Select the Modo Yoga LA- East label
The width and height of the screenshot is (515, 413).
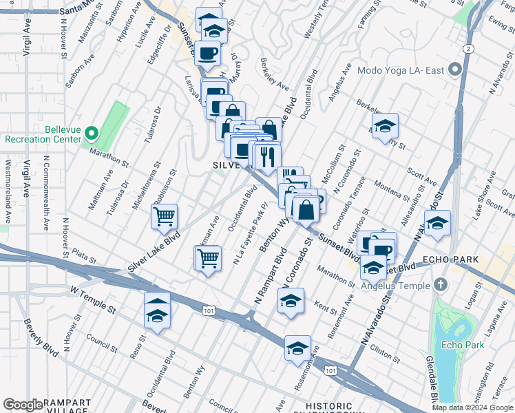[x=399, y=70]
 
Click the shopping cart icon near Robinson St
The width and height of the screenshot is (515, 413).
[x=165, y=216]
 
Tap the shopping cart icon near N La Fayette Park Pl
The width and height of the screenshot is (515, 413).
[x=209, y=258]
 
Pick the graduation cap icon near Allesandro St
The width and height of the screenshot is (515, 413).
[x=437, y=223]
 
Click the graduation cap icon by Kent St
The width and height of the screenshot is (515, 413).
[x=291, y=300]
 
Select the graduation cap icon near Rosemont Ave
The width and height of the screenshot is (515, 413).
[x=297, y=348]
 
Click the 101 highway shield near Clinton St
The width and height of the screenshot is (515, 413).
[x=331, y=371]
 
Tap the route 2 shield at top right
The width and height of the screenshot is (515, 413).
[x=468, y=48]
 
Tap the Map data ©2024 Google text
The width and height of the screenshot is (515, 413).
[x=472, y=407]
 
